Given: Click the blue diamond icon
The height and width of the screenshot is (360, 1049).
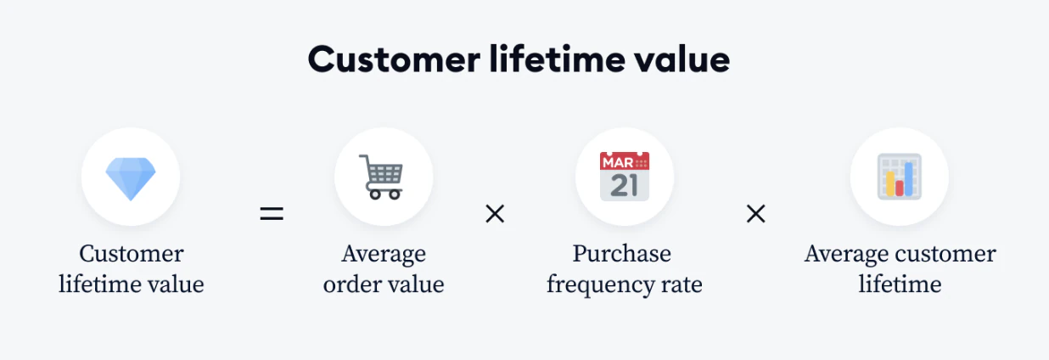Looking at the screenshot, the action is [x=131, y=178].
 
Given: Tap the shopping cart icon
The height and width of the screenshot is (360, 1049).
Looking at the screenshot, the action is [x=382, y=177].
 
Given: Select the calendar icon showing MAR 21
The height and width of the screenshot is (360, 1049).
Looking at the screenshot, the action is [x=625, y=177].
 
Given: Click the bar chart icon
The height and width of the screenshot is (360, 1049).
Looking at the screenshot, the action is [x=899, y=177].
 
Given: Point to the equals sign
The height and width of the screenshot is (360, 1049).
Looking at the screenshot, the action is [x=272, y=214].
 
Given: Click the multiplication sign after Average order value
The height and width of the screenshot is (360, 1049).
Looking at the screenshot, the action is [x=495, y=214].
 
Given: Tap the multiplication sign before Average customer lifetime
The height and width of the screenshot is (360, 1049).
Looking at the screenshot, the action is [x=756, y=214].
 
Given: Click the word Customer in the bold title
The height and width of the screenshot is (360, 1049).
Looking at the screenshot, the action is [x=394, y=59].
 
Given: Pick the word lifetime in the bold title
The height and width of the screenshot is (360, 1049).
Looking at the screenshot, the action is [x=558, y=59].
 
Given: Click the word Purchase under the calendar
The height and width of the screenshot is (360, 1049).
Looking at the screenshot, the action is [x=622, y=254].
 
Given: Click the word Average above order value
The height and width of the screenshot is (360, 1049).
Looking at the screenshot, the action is [x=384, y=255].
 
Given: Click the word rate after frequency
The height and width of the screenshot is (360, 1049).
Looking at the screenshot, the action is [x=682, y=285].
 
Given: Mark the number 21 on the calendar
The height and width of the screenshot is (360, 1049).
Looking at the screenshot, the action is [x=625, y=185].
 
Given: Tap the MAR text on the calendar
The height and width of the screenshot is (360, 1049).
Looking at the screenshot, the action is [x=618, y=163].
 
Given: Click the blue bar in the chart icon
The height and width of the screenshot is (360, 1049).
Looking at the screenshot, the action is [x=908, y=178].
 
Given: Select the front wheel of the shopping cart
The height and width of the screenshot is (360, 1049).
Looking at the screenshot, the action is [x=395, y=194].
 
